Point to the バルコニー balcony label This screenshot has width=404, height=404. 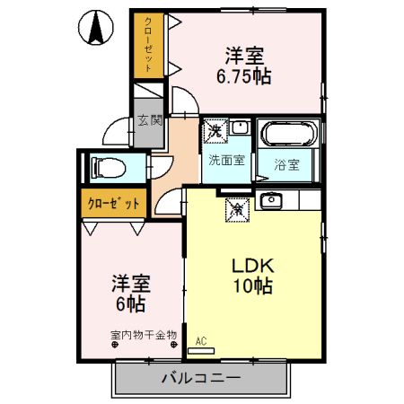click(x=200, y=378)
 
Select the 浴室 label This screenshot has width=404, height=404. click(x=286, y=165)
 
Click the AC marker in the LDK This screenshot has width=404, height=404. click(x=200, y=339)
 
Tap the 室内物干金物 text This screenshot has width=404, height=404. click(x=143, y=335)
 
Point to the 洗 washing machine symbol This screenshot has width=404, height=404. click(x=215, y=132)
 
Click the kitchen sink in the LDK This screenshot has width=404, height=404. click(x=270, y=200)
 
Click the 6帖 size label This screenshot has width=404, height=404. click(x=130, y=303)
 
